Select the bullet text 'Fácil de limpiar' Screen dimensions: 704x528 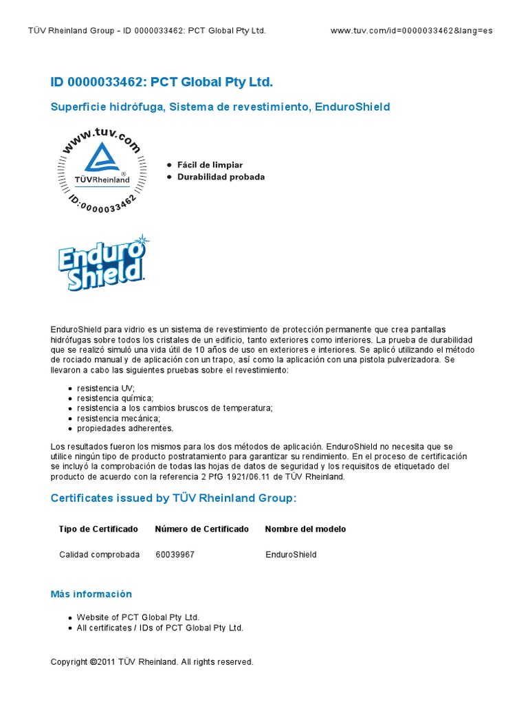point(210,165)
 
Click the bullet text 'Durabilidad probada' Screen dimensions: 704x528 point(221,177)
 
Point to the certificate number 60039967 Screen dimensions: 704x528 point(175,555)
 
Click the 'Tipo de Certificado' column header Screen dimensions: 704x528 point(98,529)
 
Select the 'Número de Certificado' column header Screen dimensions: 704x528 point(202,529)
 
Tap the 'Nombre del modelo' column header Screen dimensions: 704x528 point(305,529)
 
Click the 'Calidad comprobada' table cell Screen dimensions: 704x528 point(99,555)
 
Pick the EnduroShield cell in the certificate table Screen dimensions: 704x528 point(291,555)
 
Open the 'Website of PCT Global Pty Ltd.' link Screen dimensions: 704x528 point(138,617)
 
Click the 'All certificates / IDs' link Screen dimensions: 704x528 point(160,628)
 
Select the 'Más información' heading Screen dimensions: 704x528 point(91,594)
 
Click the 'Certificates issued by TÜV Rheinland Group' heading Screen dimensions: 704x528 point(174,498)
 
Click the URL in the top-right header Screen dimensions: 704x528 point(411,31)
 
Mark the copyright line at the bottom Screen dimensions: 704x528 point(152,662)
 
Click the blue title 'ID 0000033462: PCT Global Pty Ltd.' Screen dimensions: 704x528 point(162,82)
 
